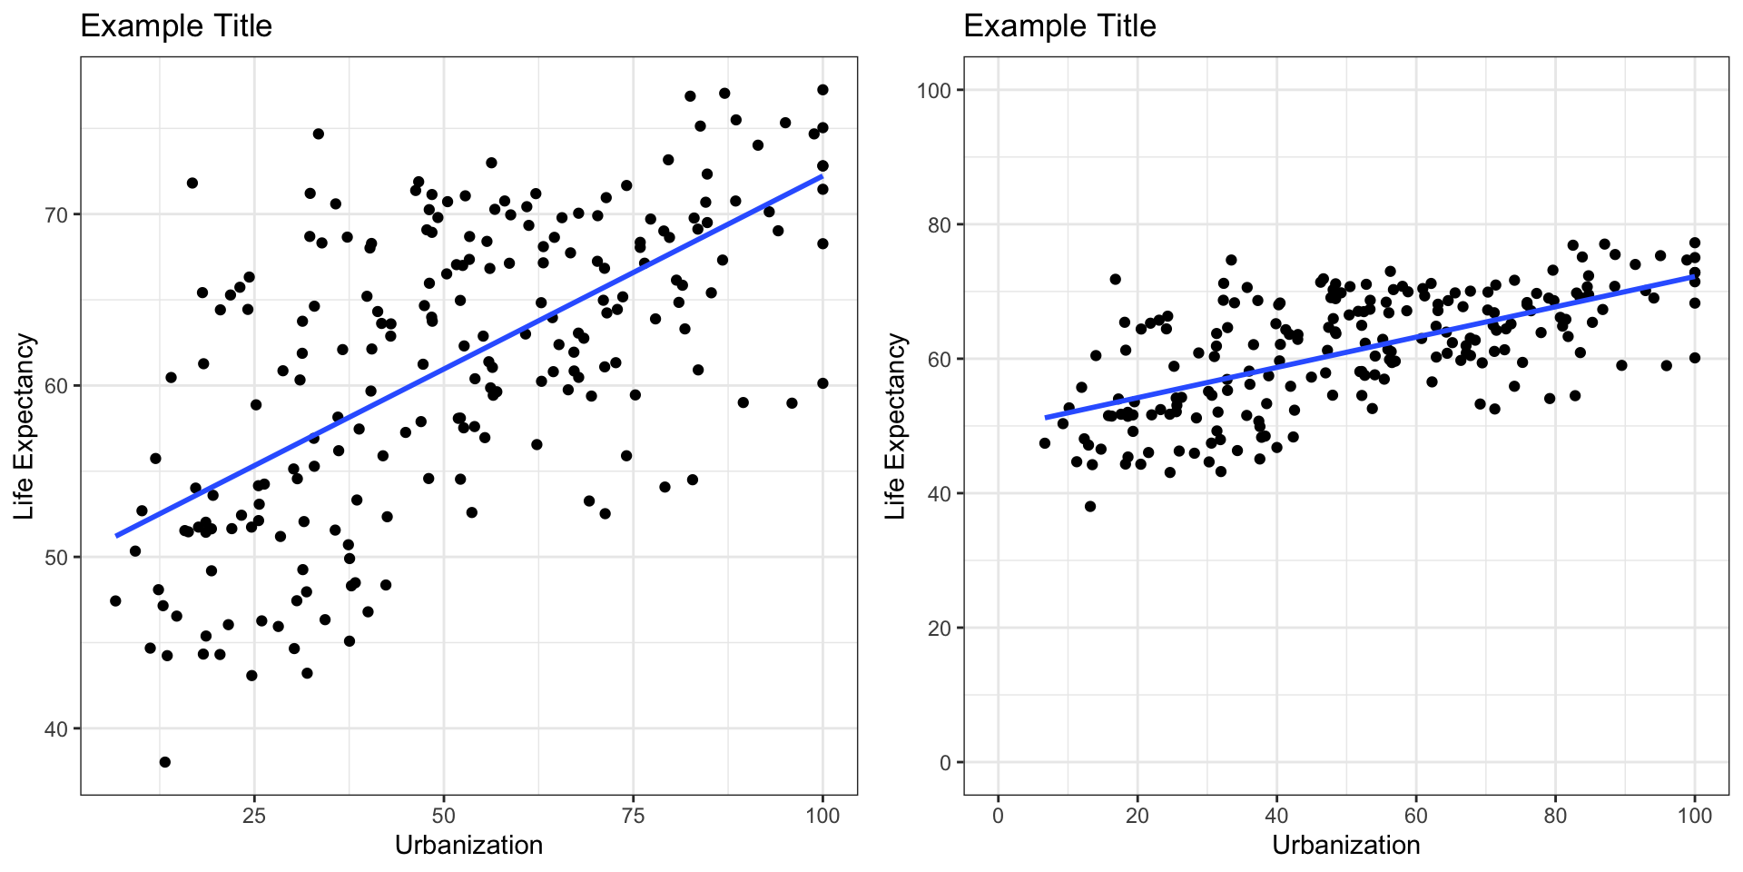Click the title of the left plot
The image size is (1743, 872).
[x=176, y=25]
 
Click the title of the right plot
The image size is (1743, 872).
[x=1059, y=25]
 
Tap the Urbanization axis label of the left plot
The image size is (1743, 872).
[x=468, y=846]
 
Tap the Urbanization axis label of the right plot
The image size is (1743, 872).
[x=1345, y=846]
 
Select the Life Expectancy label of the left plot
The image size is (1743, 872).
[x=25, y=427]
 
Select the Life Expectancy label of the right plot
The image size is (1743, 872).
[x=896, y=427]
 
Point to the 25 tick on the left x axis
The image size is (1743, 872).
[x=254, y=815]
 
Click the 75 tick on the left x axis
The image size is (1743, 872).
[x=633, y=815]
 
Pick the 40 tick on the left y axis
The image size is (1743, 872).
[x=57, y=728]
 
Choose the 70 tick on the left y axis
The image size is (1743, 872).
[x=57, y=214]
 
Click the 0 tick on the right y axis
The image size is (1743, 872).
[x=946, y=763]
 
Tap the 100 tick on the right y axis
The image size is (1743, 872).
[x=933, y=91]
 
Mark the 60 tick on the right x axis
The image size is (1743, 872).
[x=1415, y=815]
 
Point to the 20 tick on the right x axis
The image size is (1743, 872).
[x=1137, y=815]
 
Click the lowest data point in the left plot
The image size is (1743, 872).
[x=164, y=762]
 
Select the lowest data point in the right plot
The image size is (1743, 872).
[x=1090, y=506]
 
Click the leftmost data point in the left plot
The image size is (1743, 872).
[x=115, y=600]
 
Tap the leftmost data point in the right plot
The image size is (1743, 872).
[x=1044, y=443]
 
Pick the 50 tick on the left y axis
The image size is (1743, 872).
[x=57, y=557]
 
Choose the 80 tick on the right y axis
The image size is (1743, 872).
[x=940, y=225]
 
